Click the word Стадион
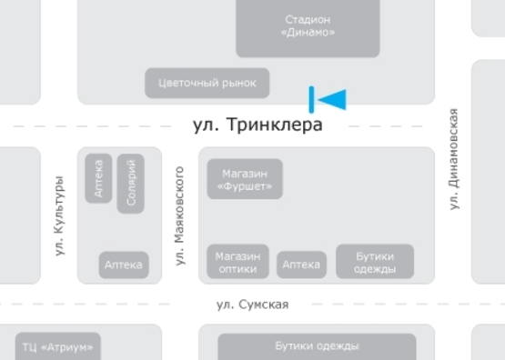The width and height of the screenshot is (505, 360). coord(308,19)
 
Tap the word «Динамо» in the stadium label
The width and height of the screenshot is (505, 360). coord(308,33)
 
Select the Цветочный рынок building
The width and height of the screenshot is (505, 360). coord(207,83)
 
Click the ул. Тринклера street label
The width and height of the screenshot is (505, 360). coord(258,125)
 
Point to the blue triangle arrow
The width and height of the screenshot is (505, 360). coord(333,99)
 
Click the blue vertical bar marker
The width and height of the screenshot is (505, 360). coord(311,99)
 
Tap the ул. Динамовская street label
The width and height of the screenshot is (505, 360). coord(454,160)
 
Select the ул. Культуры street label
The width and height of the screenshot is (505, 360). coord(60,215)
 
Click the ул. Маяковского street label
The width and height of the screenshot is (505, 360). coord(180,215)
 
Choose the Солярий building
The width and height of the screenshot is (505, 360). coord(131,183)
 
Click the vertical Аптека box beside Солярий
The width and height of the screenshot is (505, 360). coord(98,178)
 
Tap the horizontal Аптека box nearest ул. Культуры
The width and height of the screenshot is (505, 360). coord(124,265)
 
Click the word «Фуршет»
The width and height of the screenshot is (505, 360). coord(245,185)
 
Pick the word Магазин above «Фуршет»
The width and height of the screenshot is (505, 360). coord(245,171)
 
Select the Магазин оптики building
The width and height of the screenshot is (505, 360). coord(238,262)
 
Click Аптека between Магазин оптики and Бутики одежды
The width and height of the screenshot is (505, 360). coord(301,265)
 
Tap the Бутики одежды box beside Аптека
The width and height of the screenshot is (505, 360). coord(375,262)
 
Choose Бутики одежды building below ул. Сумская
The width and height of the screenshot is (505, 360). coord(317,347)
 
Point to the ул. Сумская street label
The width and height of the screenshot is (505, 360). coord(252,305)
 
